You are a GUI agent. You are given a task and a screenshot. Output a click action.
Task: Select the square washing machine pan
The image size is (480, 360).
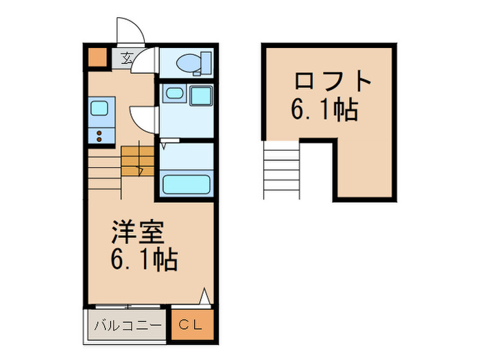[201, 95]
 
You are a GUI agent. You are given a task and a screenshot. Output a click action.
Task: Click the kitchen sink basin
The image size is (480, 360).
[99, 108]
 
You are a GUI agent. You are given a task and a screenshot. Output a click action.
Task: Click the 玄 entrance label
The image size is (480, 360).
[127, 59]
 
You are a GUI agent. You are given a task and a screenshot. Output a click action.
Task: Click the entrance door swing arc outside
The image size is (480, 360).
[131, 31]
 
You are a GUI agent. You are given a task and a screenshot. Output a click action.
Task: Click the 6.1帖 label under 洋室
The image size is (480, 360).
[145, 260]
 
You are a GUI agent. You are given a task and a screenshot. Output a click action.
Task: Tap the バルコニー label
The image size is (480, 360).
[128, 325]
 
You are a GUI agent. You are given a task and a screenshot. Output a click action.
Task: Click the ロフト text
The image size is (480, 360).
[333, 82]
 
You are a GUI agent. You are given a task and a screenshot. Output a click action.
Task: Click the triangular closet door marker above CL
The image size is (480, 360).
[204, 296]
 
